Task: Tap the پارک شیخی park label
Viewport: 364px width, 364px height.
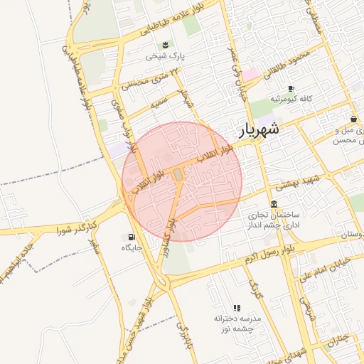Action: coord(165,55)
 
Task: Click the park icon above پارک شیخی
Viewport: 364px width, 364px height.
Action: coord(165,45)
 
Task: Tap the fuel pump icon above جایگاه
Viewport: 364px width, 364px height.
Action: coord(132,237)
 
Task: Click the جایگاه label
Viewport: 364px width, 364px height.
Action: coord(132,247)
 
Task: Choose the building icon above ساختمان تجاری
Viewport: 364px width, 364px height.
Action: coord(274,204)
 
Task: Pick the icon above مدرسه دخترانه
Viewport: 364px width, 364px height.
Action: coord(237,309)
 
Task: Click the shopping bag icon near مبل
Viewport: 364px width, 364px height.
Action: coord(353,119)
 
